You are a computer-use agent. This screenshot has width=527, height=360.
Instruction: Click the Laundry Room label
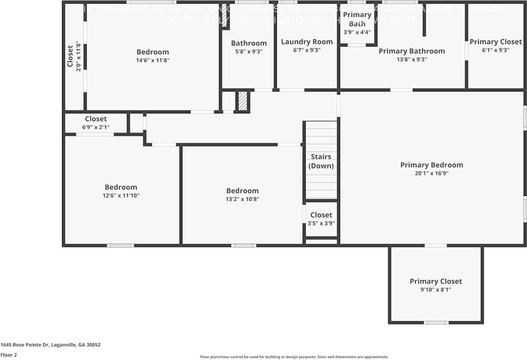(307, 42)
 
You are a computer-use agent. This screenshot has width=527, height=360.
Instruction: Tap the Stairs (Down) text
(321, 161)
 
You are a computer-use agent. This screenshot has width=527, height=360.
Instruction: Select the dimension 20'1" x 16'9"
(431, 173)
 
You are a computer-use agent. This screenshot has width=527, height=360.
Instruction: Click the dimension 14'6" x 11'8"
(153, 60)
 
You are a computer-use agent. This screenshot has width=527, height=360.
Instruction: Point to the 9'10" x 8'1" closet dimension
(436, 290)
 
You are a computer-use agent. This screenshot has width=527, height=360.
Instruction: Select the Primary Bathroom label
(412, 51)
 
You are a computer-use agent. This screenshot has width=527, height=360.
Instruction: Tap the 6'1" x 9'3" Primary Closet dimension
(495, 50)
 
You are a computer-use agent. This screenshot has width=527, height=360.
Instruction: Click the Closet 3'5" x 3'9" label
(321, 218)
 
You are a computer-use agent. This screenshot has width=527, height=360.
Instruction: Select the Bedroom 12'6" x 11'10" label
(121, 191)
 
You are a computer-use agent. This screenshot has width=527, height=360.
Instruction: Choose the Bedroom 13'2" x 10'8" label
(242, 194)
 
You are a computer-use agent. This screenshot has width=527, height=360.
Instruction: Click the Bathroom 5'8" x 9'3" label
(249, 47)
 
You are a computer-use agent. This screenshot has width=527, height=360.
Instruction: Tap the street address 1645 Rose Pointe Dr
(50, 345)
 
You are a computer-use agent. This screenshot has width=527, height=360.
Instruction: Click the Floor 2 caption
(9, 355)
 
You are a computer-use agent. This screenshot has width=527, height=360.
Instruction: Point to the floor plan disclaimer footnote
(294, 357)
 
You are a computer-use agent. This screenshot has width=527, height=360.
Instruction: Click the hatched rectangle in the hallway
(243, 101)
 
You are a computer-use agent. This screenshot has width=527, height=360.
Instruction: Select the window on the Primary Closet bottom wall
(436, 322)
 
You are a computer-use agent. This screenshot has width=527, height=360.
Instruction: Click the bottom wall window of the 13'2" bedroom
(243, 246)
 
